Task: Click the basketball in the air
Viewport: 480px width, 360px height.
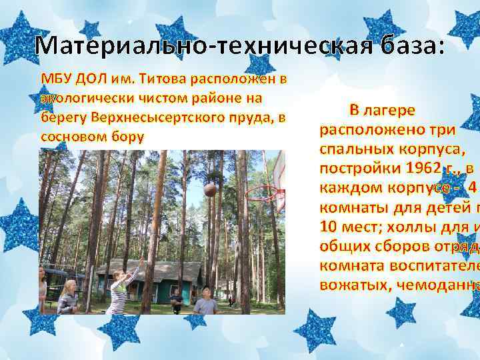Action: point(210,189)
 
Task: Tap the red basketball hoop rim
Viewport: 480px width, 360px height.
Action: point(261,193)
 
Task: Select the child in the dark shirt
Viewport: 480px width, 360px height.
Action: point(176,301)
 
